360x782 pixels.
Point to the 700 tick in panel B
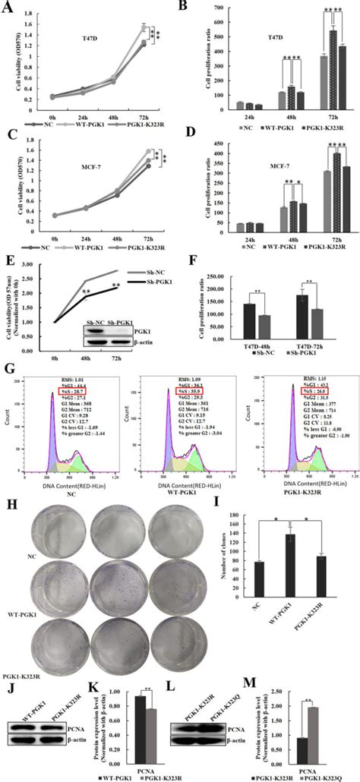226,8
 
